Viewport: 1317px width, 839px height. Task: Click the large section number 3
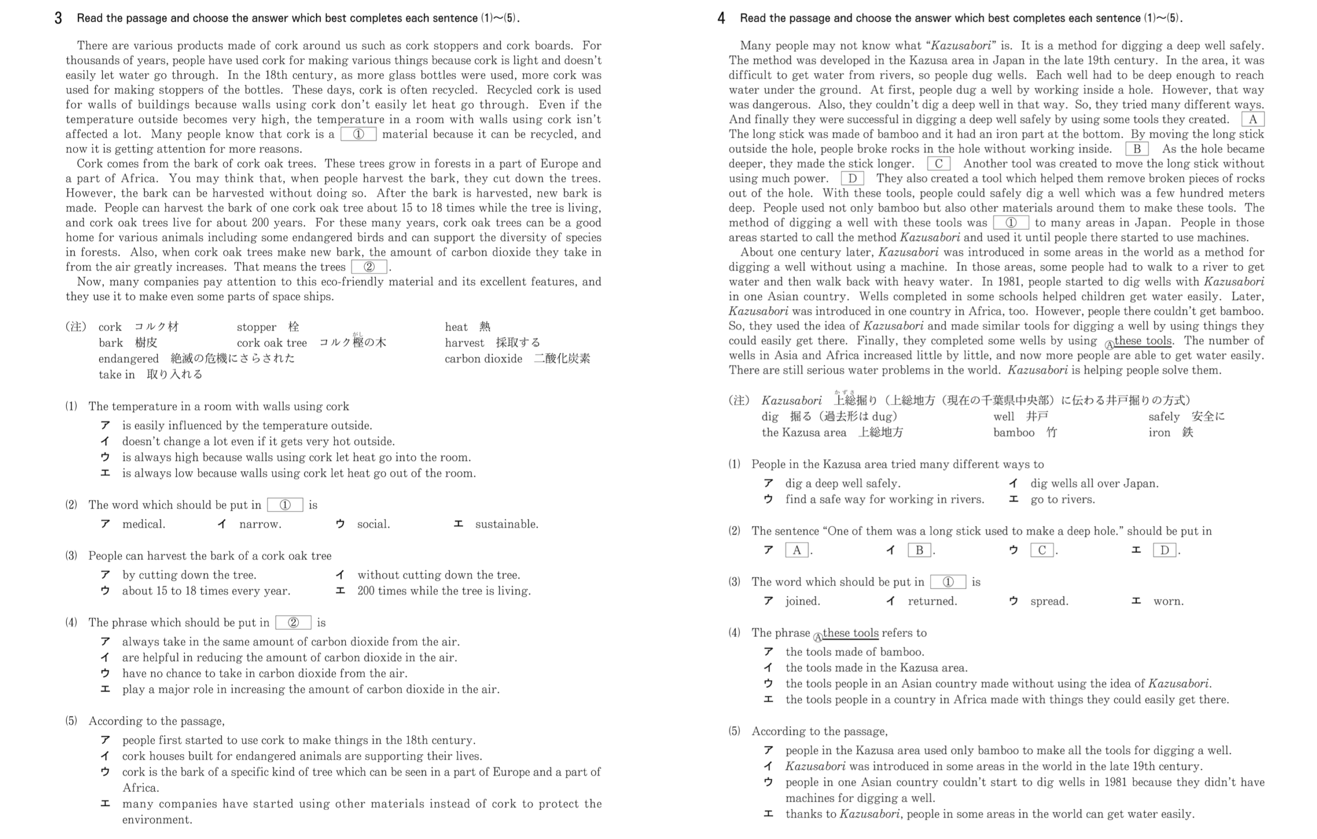(x=58, y=18)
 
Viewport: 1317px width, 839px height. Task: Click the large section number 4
(x=721, y=18)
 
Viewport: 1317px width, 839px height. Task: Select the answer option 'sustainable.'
(x=506, y=524)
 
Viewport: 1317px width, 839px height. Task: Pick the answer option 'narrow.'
(x=260, y=524)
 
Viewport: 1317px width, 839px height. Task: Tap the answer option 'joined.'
(x=803, y=601)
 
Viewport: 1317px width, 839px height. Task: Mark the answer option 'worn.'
(x=1168, y=601)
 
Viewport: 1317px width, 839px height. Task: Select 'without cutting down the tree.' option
(x=439, y=575)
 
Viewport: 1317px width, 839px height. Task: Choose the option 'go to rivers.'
(x=1062, y=500)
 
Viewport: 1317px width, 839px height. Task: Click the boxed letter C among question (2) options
(x=1041, y=550)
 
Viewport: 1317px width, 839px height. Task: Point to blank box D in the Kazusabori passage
(x=851, y=178)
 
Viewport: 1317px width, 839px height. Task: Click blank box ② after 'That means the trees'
(x=369, y=267)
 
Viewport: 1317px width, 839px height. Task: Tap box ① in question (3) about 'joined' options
(x=948, y=582)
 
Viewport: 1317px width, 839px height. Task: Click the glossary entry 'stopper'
(x=257, y=327)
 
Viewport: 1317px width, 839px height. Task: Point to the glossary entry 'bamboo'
(x=1013, y=432)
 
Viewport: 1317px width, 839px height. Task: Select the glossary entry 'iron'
(x=1159, y=432)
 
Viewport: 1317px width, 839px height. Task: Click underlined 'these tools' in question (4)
(x=850, y=633)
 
